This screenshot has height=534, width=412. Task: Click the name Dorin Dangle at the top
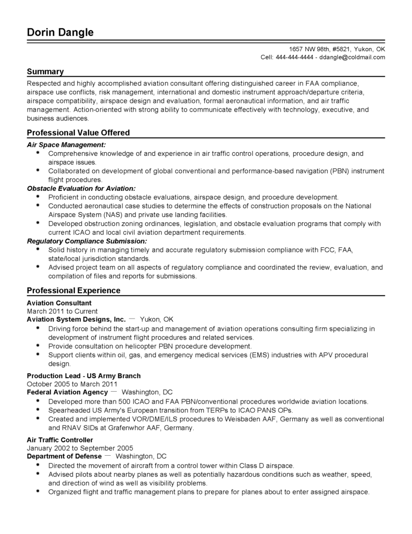click(x=60, y=33)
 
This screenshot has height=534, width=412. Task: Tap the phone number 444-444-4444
click(x=294, y=57)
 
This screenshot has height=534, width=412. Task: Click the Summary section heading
click(x=45, y=71)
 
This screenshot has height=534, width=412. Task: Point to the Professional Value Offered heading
click(x=78, y=132)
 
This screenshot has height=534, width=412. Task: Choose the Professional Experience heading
click(x=73, y=290)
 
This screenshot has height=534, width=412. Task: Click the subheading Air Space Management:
click(x=66, y=144)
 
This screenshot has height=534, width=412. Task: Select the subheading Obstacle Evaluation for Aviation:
click(x=81, y=188)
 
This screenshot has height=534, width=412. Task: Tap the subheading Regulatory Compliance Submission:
click(x=86, y=241)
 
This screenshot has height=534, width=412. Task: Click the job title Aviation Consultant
click(x=59, y=303)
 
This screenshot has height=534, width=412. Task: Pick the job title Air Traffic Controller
click(x=60, y=440)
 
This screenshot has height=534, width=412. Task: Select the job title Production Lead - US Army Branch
click(x=83, y=375)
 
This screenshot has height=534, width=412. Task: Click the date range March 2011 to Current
click(x=62, y=311)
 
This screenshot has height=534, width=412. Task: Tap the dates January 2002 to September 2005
click(x=80, y=447)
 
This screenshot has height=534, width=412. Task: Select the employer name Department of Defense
click(x=64, y=456)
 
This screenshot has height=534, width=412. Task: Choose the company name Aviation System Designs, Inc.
click(x=76, y=319)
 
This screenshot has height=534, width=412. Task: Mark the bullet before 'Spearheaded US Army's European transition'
click(x=39, y=409)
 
